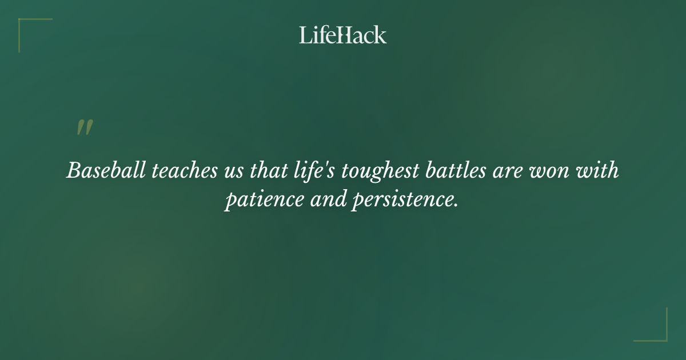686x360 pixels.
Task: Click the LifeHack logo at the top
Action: pyautogui.click(x=343, y=35)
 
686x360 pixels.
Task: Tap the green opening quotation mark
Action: pyautogui.click(x=85, y=128)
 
